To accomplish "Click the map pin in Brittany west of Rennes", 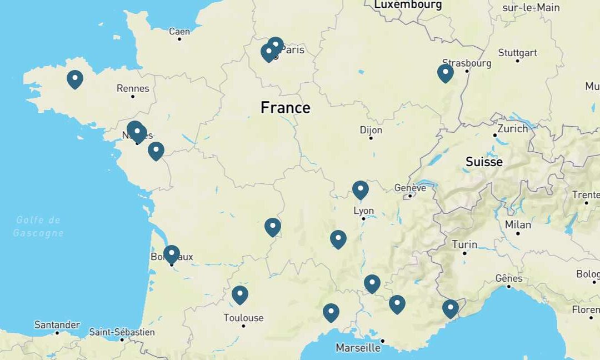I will coord(75,79).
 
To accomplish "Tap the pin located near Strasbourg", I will coord(445,73).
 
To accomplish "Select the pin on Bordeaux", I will coord(172,254).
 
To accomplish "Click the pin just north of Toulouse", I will coord(239,294).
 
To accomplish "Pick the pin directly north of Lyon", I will coord(361,189).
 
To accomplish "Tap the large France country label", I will coord(286,107).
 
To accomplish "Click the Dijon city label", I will coord(371,130).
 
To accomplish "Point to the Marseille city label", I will coord(358,348).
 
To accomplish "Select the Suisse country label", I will coord(484,162).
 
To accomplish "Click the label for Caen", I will coord(179,32).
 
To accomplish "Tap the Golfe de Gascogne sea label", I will coord(38,226).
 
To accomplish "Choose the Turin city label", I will coord(464,244).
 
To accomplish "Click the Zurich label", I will coord(513,128).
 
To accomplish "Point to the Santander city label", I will coord(57,324).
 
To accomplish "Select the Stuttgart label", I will coord(518,53).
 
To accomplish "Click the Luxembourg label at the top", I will coord(408,5).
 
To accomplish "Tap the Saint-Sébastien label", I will coord(122,332).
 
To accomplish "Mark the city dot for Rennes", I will coord(133,97).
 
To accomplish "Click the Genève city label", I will coord(410,188).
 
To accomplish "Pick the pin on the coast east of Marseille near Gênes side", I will coord(450,308).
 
